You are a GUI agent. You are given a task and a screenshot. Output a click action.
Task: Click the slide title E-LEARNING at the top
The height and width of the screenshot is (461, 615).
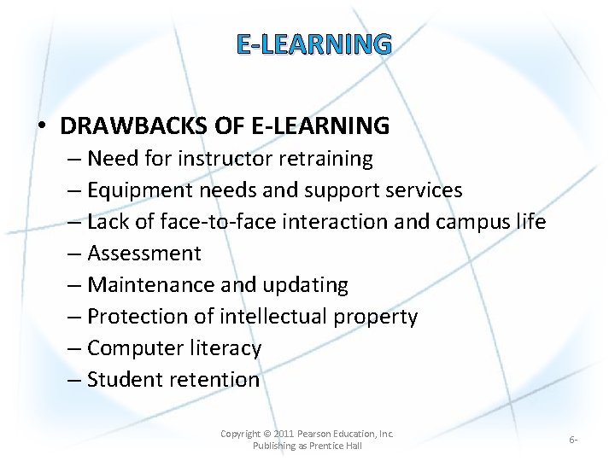pos(313,44)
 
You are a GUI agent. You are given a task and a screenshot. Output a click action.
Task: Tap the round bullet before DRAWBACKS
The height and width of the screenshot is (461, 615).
pos(42,127)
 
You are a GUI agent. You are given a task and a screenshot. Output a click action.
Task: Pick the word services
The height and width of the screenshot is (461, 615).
pos(419,190)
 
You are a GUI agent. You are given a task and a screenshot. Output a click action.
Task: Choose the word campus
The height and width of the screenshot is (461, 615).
pos(473,222)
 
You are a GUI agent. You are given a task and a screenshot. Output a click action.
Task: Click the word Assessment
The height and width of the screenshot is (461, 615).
pos(144,254)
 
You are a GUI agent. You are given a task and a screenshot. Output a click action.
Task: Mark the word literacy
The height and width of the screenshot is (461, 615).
pos(227,348)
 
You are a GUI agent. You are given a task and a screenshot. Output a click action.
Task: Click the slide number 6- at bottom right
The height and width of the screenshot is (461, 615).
pos(573,440)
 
